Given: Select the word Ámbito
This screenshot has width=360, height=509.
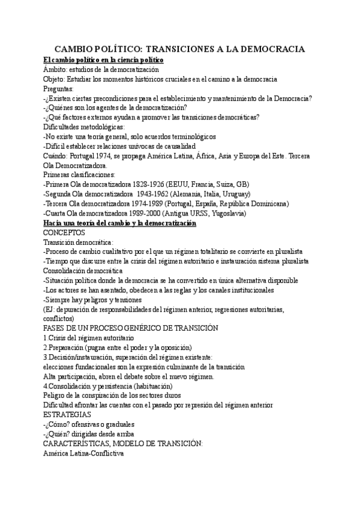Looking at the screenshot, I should click(x=56, y=70).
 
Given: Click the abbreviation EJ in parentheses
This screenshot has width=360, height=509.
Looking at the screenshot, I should click(x=50, y=309).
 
